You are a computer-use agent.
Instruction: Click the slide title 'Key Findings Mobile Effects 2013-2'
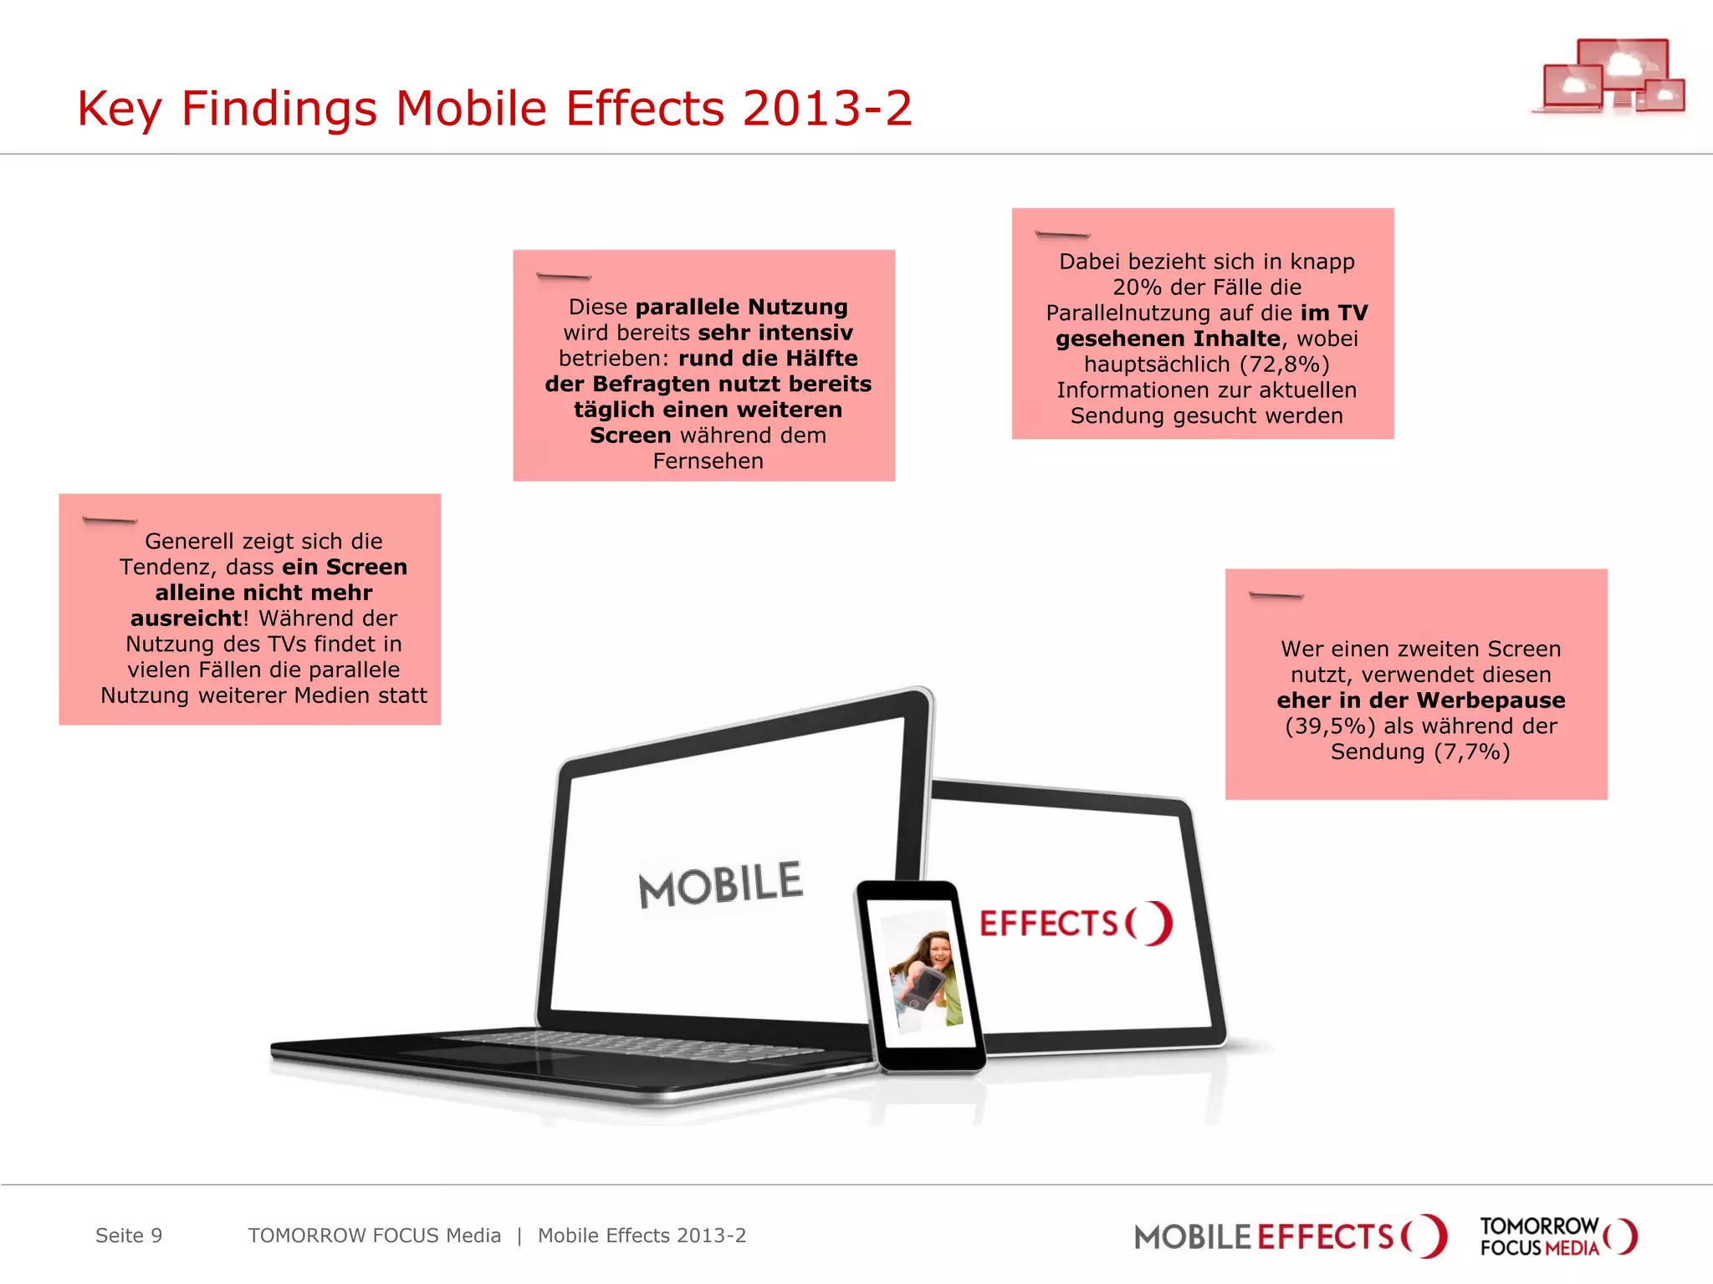click(494, 109)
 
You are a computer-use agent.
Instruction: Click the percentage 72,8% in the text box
click(1284, 364)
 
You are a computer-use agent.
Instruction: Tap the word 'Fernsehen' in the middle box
click(708, 461)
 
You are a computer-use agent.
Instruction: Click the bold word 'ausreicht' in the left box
click(187, 618)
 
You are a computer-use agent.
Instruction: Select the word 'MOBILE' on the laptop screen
click(720, 884)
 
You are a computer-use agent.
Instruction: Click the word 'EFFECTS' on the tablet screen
click(1048, 924)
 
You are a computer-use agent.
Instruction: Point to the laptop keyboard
click(636, 1045)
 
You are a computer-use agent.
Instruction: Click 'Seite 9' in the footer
click(129, 1236)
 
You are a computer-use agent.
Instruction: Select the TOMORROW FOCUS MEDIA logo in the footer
click(1557, 1236)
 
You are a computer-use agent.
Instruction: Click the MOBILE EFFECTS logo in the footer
click(1289, 1236)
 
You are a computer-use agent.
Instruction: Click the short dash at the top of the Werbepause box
click(1276, 595)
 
